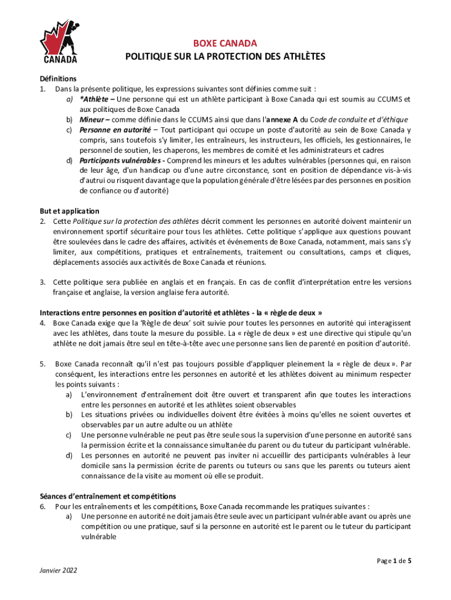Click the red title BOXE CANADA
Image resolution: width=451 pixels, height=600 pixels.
(x=225, y=44)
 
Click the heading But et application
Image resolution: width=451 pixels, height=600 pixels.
(x=69, y=211)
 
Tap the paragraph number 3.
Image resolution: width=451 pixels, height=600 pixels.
(x=42, y=282)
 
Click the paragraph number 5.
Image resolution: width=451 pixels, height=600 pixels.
(x=42, y=364)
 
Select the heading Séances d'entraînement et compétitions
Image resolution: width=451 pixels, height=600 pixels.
(x=108, y=496)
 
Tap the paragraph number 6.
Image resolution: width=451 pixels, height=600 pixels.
(x=42, y=506)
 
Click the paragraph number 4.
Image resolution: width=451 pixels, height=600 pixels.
(x=42, y=323)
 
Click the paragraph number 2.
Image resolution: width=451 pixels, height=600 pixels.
(x=42, y=221)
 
